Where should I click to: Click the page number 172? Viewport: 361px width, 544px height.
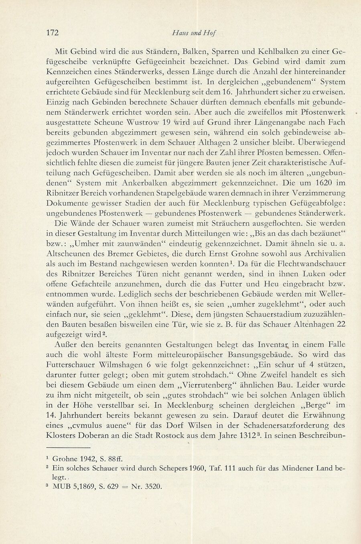53,32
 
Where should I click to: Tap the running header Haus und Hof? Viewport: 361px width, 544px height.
194,33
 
